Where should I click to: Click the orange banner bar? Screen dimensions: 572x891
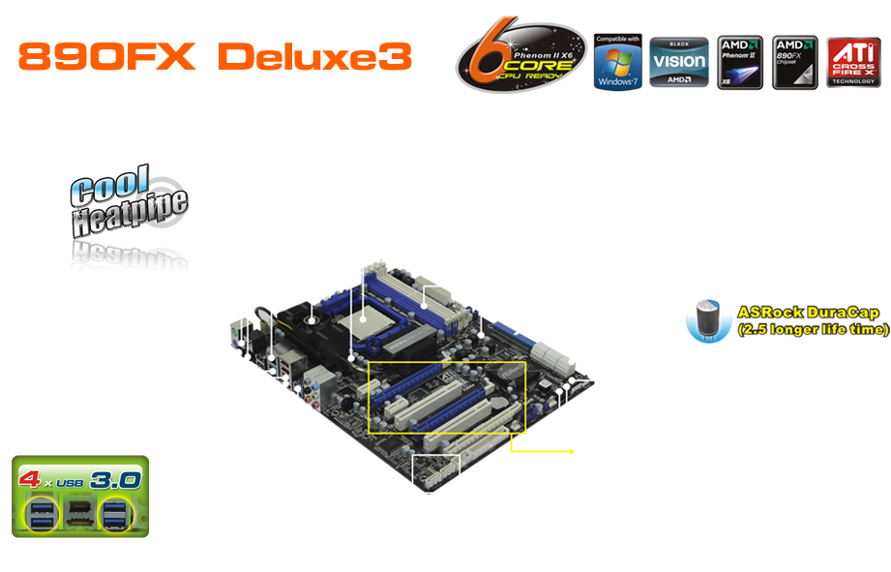point(215,56)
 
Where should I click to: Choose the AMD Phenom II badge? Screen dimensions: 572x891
point(740,63)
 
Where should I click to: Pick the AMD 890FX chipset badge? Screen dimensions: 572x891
point(795,63)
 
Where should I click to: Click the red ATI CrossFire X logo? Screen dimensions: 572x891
point(851,63)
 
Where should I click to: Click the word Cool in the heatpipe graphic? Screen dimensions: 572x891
point(112,184)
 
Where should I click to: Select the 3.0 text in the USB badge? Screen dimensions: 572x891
point(115,478)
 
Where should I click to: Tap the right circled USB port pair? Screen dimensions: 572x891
point(116,514)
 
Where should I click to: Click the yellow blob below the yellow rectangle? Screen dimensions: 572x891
point(536,453)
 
